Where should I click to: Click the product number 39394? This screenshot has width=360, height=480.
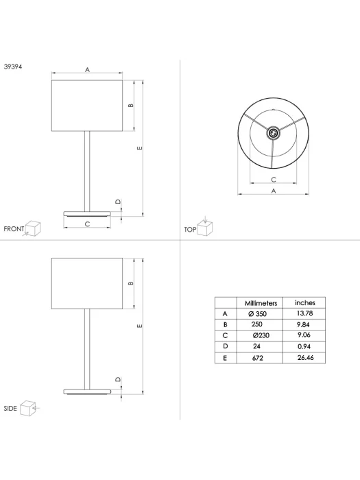pyautogui.click(x=13, y=67)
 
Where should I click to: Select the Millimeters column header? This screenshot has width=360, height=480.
pyautogui.click(x=261, y=303)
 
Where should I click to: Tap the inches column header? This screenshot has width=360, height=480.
pyautogui.click(x=305, y=303)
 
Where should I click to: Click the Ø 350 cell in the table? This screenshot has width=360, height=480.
pyautogui.click(x=257, y=314)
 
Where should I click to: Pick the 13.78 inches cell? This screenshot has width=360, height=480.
pyautogui.click(x=304, y=313)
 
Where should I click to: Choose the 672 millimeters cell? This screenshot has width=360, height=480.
pyautogui.click(x=257, y=358)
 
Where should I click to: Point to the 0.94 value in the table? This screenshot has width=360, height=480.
pyautogui.click(x=304, y=346)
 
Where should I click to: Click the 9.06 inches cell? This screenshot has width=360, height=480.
pyautogui.click(x=304, y=335)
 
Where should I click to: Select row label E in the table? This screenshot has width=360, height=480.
pyautogui.click(x=225, y=358)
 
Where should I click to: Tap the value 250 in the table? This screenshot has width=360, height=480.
pyautogui.click(x=257, y=324)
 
